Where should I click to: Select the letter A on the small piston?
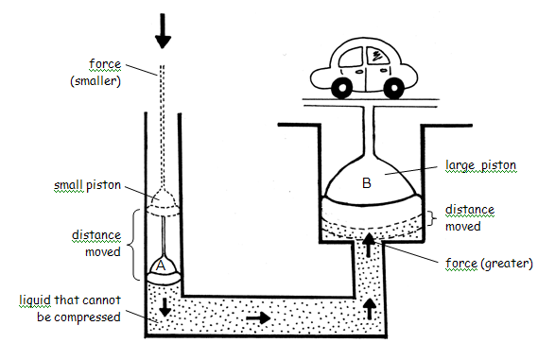click(x=161, y=266)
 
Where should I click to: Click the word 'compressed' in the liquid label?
click(x=90, y=317)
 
